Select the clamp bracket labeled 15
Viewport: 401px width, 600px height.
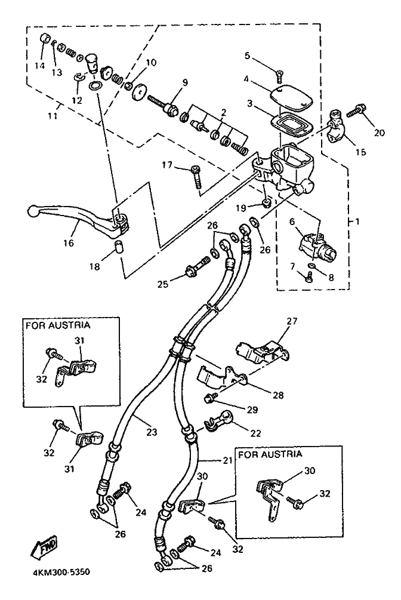[332, 122]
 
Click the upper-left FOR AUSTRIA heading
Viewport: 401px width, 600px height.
[57, 325]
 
